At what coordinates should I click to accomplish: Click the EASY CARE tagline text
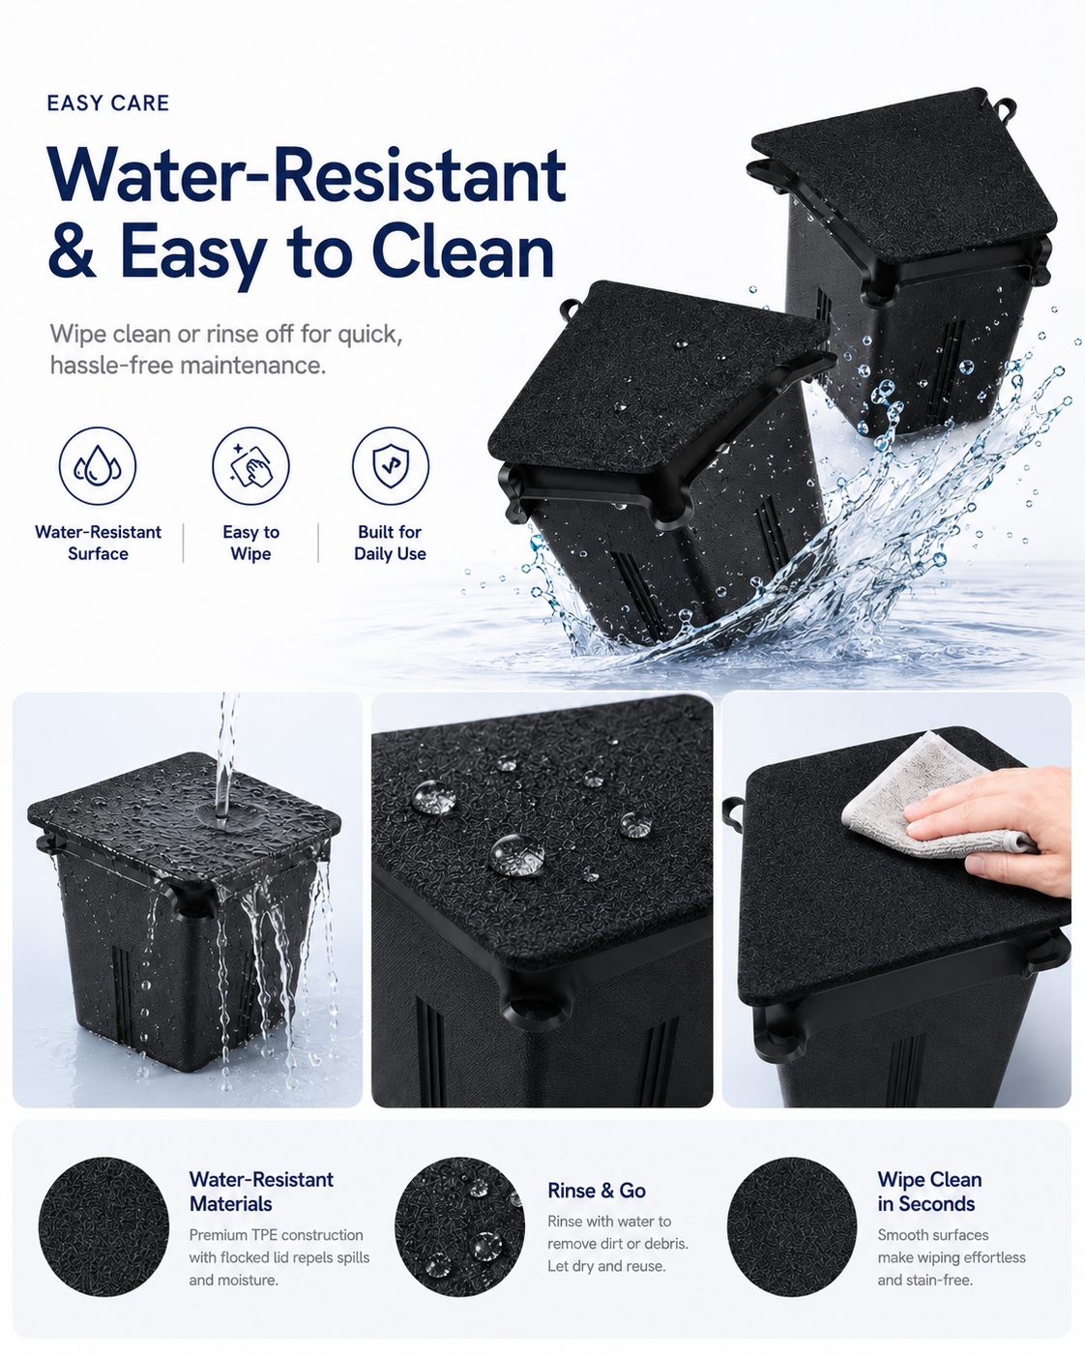[107, 103]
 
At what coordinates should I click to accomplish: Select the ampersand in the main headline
[72, 251]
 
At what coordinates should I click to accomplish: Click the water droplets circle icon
[98, 465]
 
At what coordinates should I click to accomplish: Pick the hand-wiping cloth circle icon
[250, 465]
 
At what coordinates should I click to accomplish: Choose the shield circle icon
[390, 465]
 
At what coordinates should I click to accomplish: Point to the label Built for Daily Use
[390, 543]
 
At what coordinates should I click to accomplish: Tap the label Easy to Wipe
[250, 543]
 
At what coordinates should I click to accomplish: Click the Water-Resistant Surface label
[98, 543]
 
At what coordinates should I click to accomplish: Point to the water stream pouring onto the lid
[225, 756]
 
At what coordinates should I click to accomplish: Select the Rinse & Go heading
[597, 1191]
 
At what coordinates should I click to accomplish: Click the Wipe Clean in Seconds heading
[929, 1192]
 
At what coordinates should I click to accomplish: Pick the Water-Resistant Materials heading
[261, 1192]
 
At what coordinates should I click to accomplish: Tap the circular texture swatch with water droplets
[460, 1225]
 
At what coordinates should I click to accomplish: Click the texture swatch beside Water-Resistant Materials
[104, 1225]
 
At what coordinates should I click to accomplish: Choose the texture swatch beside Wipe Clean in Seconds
[792, 1225]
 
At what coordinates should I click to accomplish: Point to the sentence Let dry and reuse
[606, 1266]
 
